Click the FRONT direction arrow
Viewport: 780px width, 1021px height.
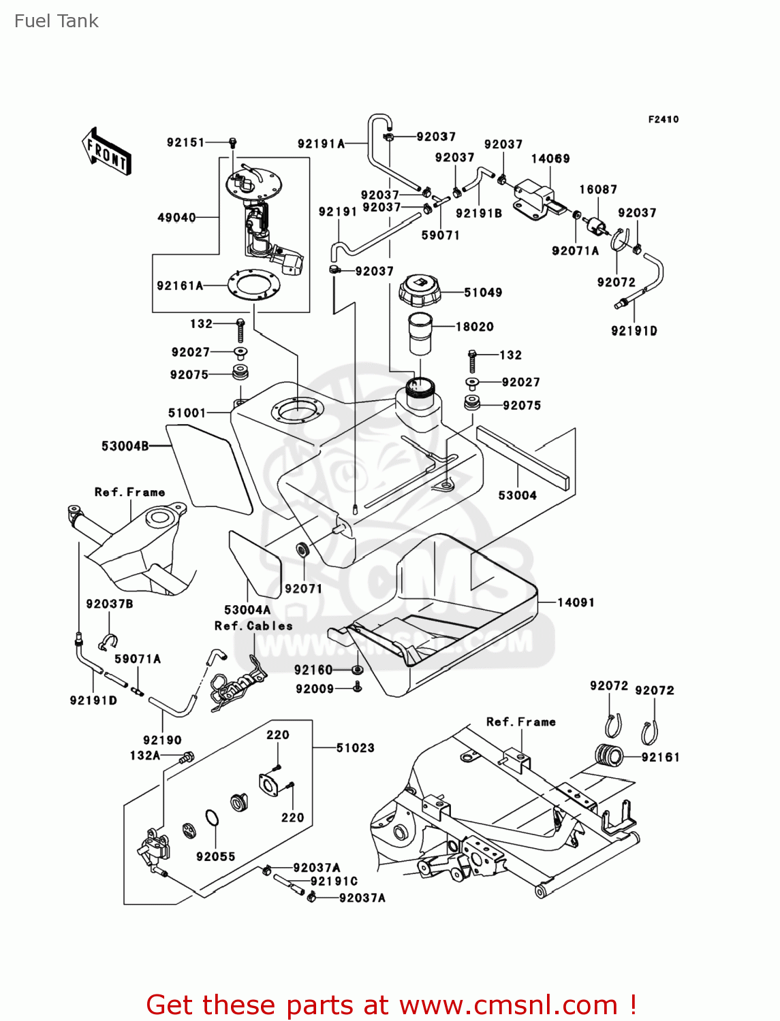pyautogui.click(x=106, y=151)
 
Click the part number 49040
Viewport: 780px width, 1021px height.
pyautogui.click(x=176, y=218)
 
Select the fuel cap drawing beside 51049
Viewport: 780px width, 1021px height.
pyautogui.click(x=419, y=291)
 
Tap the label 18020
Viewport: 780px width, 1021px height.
pyautogui.click(x=474, y=327)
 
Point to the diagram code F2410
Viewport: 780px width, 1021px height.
pyautogui.click(x=663, y=120)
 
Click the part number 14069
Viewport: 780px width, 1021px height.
pyautogui.click(x=550, y=159)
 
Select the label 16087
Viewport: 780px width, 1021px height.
pyautogui.click(x=598, y=189)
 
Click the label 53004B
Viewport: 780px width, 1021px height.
pyautogui.click(x=125, y=447)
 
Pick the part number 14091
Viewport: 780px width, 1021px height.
pyautogui.click(x=576, y=602)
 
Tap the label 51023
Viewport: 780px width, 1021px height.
pyautogui.click(x=356, y=748)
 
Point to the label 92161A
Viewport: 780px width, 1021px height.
pyautogui.click(x=180, y=286)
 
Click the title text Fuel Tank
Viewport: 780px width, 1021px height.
pyautogui.click(x=57, y=21)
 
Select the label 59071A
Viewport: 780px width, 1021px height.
pyautogui.click(x=138, y=659)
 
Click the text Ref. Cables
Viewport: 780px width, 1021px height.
pyautogui.click(x=253, y=626)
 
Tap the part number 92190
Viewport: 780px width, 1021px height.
pyautogui.click(x=162, y=740)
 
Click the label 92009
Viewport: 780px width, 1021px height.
pyautogui.click(x=315, y=689)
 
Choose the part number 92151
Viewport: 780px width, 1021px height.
pyautogui.click(x=185, y=142)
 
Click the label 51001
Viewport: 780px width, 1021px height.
pyautogui.click(x=187, y=412)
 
